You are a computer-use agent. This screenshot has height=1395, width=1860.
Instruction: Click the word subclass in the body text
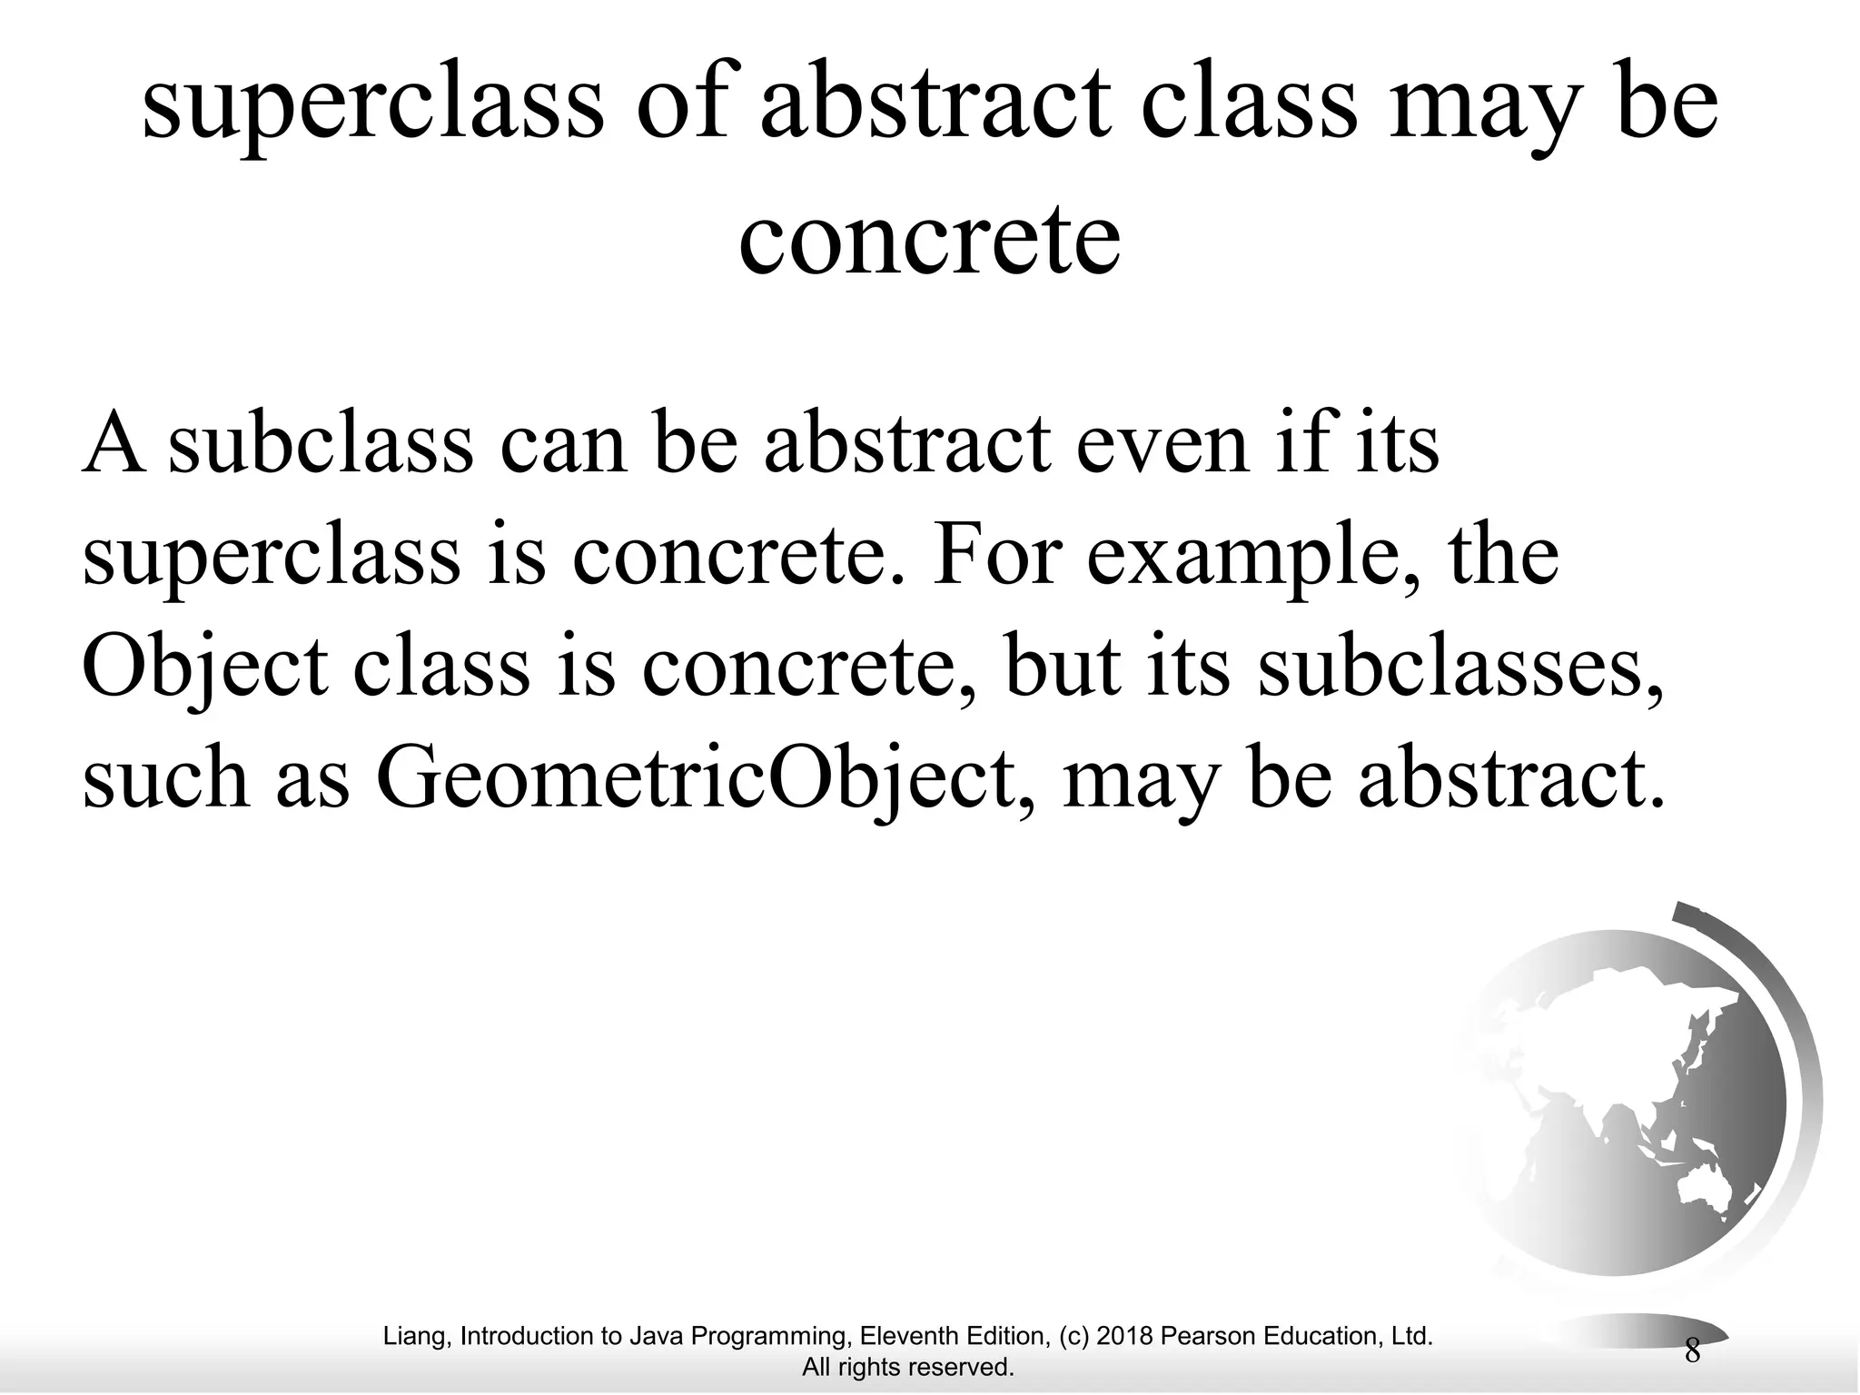click(321, 445)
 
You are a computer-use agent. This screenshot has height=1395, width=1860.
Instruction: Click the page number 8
click(1692, 1351)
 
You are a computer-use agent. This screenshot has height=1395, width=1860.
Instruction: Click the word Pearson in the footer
click(1204, 1336)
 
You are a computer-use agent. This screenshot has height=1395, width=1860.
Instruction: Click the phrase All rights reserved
click(908, 1367)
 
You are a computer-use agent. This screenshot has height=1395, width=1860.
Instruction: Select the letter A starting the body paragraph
click(114, 445)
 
